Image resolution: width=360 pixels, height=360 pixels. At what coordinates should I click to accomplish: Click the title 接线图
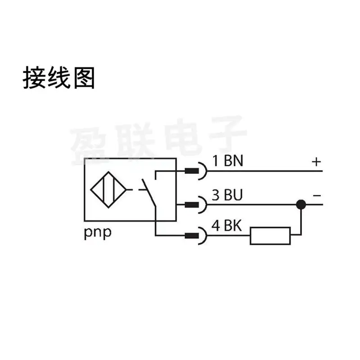(59, 77)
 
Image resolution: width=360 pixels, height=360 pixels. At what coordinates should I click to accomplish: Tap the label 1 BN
(227, 161)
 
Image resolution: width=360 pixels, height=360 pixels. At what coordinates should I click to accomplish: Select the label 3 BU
(227, 195)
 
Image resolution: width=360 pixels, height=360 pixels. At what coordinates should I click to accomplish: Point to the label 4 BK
(226, 225)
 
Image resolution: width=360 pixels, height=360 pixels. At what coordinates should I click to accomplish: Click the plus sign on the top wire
(316, 162)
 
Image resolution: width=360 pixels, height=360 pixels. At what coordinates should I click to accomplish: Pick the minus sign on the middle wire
(317, 196)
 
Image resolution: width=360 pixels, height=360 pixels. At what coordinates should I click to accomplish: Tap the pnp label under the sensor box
(98, 233)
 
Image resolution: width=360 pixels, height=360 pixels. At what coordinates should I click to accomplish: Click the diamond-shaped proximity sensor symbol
(108, 189)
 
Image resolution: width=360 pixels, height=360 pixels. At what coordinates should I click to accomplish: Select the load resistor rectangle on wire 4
(270, 236)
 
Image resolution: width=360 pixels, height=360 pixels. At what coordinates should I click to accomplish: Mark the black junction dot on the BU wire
(301, 204)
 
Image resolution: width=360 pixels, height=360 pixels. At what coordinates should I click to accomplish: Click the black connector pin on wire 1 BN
(192, 171)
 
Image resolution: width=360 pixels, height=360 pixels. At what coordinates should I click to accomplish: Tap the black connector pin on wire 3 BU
(192, 205)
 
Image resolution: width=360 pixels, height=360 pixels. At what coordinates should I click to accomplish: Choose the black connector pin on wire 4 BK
(192, 235)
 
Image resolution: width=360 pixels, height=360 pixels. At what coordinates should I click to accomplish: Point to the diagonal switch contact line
(148, 193)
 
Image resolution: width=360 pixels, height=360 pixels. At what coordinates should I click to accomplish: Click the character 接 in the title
(34, 77)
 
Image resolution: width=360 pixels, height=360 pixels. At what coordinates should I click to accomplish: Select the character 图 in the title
(84, 77)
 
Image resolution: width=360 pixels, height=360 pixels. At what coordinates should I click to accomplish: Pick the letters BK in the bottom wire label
(233, 225)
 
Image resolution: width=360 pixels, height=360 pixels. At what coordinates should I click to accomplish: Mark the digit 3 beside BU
(216, 195)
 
